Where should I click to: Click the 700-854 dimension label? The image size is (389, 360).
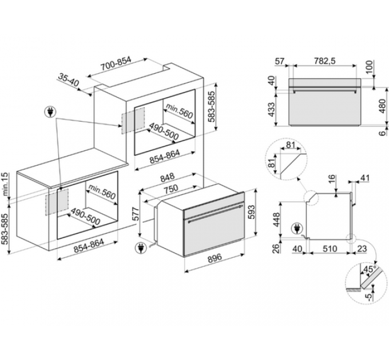pyautogui.click(x=116, y=64)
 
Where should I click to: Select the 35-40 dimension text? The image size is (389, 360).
pyautogui.click(x=68, y=79)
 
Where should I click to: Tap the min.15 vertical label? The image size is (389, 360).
pyautogui.click(x=6, y=185)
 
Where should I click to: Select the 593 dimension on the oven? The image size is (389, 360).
pyautogui.click(x=251, y=212)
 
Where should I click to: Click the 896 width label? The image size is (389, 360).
pyautogui.click(x=215, y=258)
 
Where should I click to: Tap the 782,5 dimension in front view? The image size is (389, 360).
pyautogui.click(x=325, y=61)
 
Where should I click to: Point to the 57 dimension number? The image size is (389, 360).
pyautogui.click(x=280, y=61)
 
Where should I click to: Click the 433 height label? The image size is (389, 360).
pyautogui.click(x=272, y=109)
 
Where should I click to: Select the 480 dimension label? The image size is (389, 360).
pyautogui.click(x=383, y=106)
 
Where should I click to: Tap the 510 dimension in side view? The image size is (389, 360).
pyautogui.click(x=330, y=249)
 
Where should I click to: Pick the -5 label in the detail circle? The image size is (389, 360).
pyautogui.click(x=370, y=297)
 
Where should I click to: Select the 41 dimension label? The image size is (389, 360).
pyautogui.click(x=364, y=178)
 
